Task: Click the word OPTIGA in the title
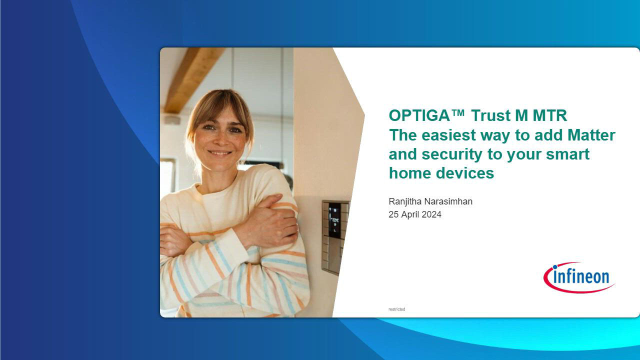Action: point(419,115)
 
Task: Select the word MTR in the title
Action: point(550,115)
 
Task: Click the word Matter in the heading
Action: point(591,135)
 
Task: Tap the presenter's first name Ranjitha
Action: point(405,201)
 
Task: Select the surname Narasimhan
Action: point(448,201)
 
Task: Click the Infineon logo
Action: point(579,277)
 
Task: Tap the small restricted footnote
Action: point(397,309)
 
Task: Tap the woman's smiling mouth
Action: point(219,153)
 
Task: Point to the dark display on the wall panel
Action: point(334,220)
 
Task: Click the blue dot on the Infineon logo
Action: point(555,267)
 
